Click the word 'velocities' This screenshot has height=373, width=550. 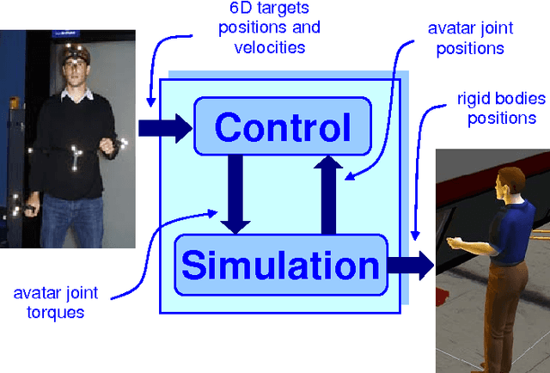pos(269,47)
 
